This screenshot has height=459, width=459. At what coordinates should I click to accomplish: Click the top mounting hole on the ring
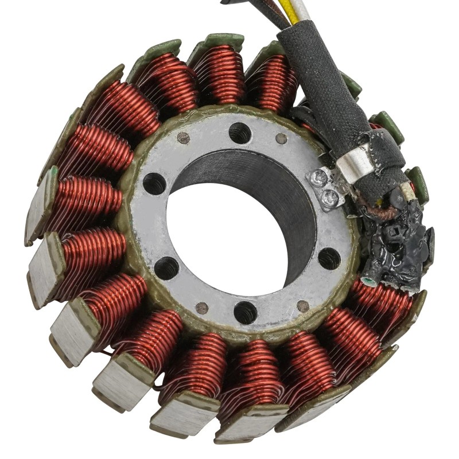click(x=240, y=133)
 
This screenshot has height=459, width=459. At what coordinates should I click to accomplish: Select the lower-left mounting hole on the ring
click(x=166, y=267)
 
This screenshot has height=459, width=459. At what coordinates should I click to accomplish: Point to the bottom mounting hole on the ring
click(x=246, y=312)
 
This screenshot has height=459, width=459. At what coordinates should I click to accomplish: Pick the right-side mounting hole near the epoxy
click(x=329, y=258)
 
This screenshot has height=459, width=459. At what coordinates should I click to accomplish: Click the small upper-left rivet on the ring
click(x=184, y=138)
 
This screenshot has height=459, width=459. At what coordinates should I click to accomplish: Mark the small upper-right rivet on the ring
click(x=281, y=138)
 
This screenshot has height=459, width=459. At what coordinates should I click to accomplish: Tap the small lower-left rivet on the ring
click(x=201, y=308)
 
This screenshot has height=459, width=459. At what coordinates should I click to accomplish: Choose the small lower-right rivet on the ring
click(x=303, y=306)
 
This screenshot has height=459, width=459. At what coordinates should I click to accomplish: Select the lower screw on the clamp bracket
click(x=330, y=198)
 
